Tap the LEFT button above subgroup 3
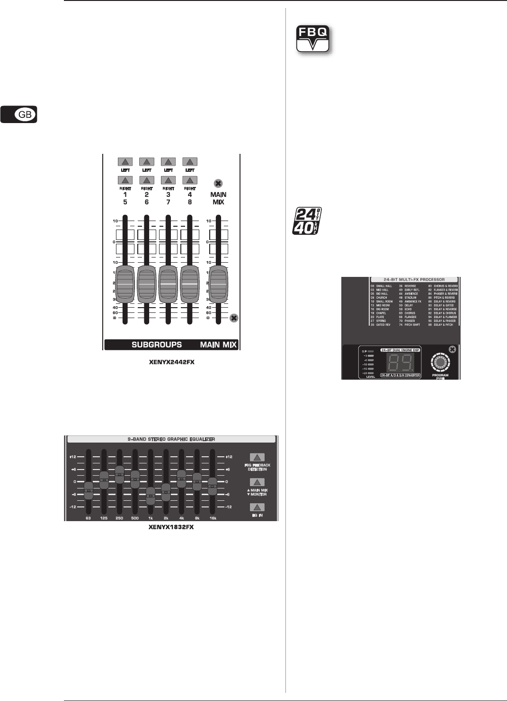[x=168, y=162]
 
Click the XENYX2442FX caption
[x=172, y=363]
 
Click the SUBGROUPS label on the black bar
[x=156, y=345]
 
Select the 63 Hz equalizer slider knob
[x=88, y=490]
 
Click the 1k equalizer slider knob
[x=151, y=496]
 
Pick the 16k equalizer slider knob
[x=213, y=485]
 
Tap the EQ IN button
[x=257, y=508]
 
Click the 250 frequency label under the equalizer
[x=119, y=518]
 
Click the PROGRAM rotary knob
[x=440, y=363]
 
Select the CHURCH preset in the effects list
[x=382, y=298]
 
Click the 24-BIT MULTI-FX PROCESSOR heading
[x=414, y=280]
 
